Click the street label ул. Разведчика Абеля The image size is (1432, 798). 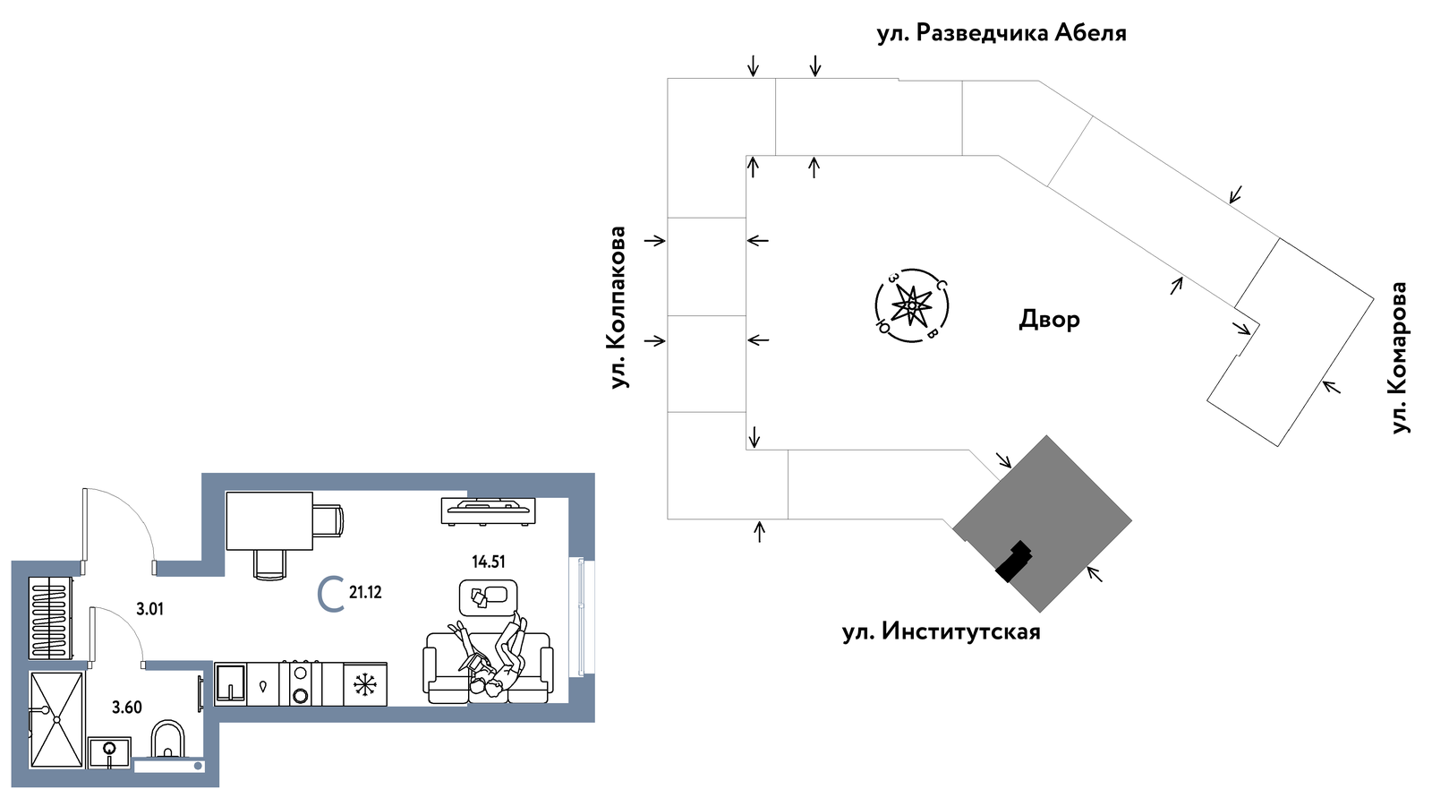1002,32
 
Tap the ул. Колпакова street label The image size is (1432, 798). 618,307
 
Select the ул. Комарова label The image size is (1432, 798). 1400,357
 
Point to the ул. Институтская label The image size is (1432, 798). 941,631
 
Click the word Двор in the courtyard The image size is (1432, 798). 1049,319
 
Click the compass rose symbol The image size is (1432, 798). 911,305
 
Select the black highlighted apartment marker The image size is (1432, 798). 1014,562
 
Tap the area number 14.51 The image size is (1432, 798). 489,562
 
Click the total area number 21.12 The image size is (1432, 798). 365,593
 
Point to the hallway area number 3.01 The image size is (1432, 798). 149,609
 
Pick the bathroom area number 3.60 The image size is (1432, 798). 126,708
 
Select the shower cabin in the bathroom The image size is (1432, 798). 56,720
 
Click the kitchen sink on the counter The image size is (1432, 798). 230,684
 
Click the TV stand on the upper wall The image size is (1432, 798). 489,511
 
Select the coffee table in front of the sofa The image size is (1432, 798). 489,597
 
